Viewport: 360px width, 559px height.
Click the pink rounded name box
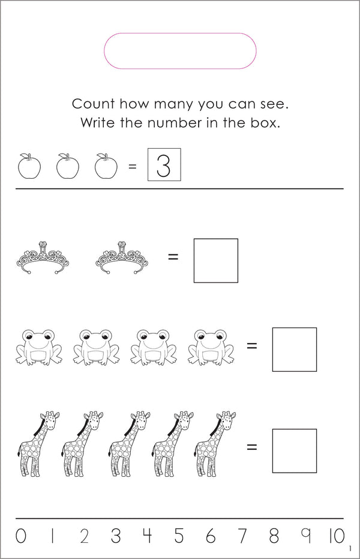(180, 34)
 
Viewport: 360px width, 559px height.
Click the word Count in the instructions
(93, 104)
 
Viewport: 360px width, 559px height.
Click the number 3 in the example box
(163, 166)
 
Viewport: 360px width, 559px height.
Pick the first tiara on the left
(43, 257)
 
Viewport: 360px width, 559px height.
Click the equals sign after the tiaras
(173, 257)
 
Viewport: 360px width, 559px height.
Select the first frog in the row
(39, 347)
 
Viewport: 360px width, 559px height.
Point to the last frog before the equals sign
(211, 347)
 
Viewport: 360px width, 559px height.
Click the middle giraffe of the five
(129, 444)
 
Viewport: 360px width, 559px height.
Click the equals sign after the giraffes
(252, 447)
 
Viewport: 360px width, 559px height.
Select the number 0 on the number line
(20, 536)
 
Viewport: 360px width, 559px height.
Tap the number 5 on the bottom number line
(179, 536)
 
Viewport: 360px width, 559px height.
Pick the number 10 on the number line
(337, 536)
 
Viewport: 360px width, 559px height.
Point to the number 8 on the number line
(274, 536)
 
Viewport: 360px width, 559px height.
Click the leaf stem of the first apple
(26, 156)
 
